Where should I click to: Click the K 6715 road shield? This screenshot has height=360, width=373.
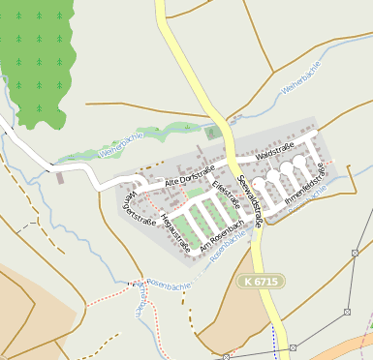pos(254,280)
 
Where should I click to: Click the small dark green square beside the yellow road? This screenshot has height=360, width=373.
pos(212,133)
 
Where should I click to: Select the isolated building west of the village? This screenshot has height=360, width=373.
pos(60,177)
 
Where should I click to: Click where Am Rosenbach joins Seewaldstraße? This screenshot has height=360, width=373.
pos(260,220)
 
